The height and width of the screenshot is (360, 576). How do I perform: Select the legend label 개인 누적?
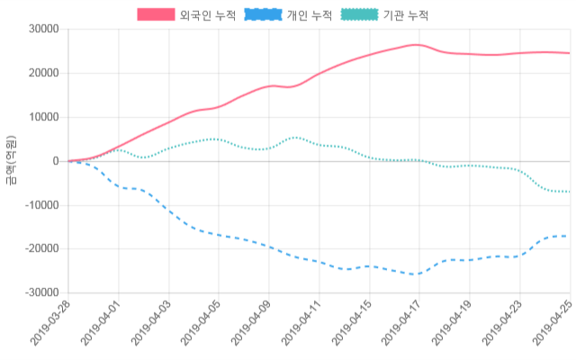(x=309, y=15)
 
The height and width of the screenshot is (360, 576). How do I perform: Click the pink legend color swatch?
(x=156, y=15)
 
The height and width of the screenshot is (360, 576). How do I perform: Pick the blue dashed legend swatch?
(x=262, y=15)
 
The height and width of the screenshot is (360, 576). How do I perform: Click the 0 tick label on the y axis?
(x=55, y=161)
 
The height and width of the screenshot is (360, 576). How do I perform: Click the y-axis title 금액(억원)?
(x=11, y=160)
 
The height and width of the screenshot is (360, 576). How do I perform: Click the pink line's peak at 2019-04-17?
(x=417, y=45)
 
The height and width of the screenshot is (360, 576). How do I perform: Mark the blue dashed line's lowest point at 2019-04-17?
(x=417, y=274)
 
